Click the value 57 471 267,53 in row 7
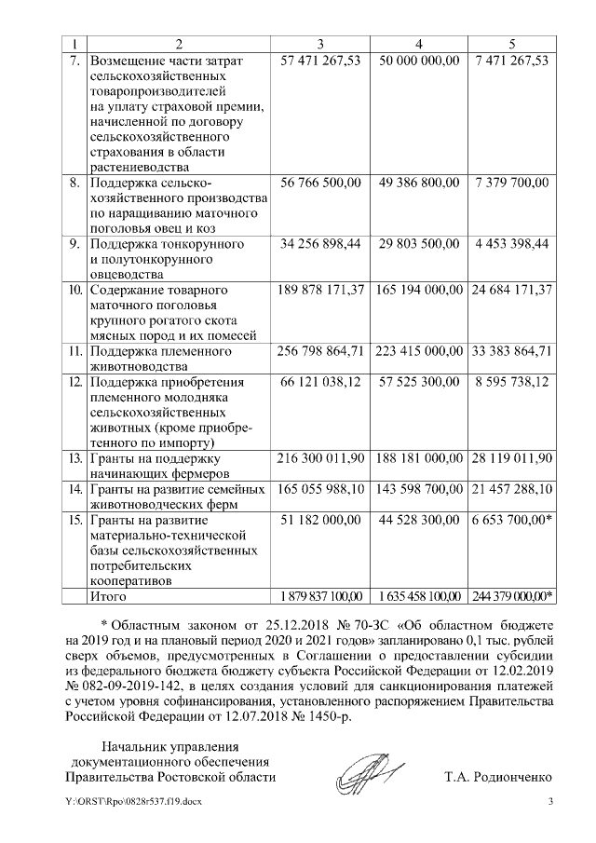click(320, 61)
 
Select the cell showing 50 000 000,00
click(418, 61)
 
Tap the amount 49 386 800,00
click(418, 183)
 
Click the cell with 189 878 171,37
click(320, 291)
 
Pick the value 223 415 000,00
click(418, 351)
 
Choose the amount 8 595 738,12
click(511, 382)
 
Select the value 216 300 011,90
click(320, 458)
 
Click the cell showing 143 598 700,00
click(418, 489)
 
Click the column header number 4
click(418, 44)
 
